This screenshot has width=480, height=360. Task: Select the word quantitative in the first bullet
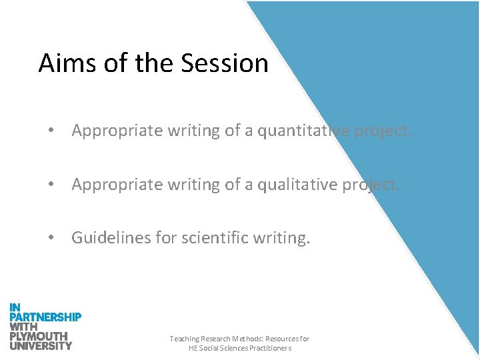click(x=299, y=131)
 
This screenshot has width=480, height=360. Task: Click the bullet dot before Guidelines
click(x=51, y=238)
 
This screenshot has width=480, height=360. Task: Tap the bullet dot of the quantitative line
click(x=51, y=131)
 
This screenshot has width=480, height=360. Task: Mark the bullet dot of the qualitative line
click(x=51, y=185)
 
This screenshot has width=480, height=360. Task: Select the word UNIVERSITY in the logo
click(x=41, y=345)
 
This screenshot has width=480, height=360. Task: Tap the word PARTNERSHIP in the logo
click(x=45, y=317)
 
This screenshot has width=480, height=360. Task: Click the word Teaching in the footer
click(x=185, y=339)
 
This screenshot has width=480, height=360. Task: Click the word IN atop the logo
click(x=15, y=307)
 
